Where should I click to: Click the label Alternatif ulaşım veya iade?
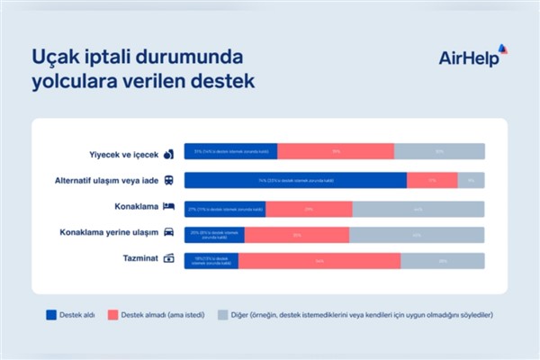point(107,180)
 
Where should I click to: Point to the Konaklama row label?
point(136,207)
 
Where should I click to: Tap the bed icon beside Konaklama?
point(168,207)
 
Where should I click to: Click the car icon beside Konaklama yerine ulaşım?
point(168,234)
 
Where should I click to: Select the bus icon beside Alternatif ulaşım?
point(168,180)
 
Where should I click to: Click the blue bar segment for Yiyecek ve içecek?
point(230,152)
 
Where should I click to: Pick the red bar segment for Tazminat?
point(319,261)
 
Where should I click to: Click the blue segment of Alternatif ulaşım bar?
point(295,180)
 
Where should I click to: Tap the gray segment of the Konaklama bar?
point(418,208)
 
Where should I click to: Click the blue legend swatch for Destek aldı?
point(51,315)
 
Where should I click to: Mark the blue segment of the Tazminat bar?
point(211,261)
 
